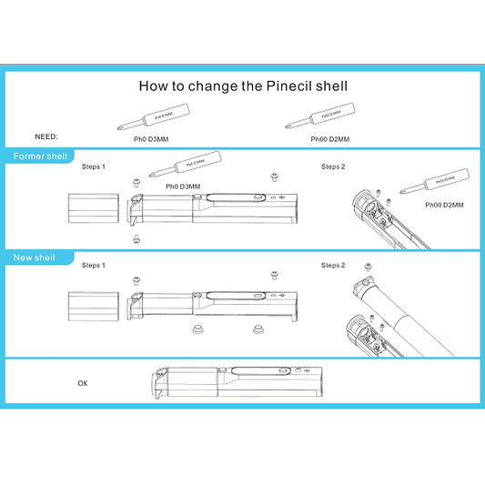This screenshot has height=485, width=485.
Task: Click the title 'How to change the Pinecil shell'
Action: [x=243, y=86]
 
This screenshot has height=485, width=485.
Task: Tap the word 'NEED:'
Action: [x=46, y=136]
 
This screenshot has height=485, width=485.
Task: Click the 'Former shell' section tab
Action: [x=41, y=157]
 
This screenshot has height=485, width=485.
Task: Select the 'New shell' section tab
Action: [x=35, y=258]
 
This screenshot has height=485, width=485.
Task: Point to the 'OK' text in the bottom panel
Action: [x=83, y=383]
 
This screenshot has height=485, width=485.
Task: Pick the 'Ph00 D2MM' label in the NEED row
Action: [x=329, y=139]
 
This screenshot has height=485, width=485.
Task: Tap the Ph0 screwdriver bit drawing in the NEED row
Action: [x=155, y=117]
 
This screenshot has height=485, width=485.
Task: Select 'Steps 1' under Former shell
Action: [x=94, y=167]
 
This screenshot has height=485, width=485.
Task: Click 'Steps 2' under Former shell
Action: [x=333, y=167]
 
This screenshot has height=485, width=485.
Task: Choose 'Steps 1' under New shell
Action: [x=94, y=266]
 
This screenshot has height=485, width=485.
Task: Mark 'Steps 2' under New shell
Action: [x=333, y=265]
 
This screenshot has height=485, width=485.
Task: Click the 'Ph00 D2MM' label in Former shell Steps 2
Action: [x=444, y=206]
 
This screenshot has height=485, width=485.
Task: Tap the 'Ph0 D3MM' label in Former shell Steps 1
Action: [x=183, y=187]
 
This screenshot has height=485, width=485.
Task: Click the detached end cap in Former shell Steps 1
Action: [x=94, y=208]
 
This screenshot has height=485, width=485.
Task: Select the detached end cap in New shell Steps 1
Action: [x=94, y=305]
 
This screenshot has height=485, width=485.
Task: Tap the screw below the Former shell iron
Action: [x=136, y=238]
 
